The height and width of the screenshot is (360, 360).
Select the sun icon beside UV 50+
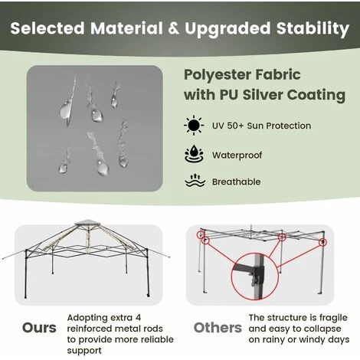point(193,126)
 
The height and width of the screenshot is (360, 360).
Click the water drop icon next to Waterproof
point(193,154)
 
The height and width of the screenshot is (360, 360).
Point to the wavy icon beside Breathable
point(193,182)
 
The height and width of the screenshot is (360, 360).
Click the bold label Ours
point(38,328)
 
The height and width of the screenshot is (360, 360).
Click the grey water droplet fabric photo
point(95,128)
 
